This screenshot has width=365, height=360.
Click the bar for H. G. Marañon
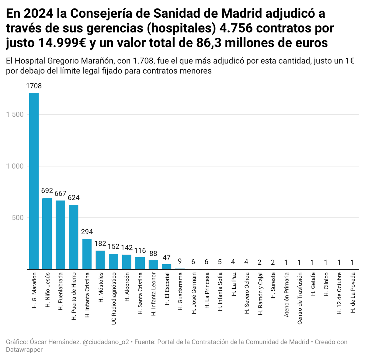(34, 181)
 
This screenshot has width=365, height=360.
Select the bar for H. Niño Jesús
(47, 233)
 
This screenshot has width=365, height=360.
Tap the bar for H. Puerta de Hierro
(74, 237)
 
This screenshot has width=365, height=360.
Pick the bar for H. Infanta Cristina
(87, 254)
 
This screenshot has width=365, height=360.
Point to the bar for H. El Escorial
(166, 266)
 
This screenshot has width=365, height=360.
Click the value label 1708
(34, 86)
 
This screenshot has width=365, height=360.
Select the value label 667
(60, 194)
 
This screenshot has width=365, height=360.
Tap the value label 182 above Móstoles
(100, 244)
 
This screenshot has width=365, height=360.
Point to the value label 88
(153, 253)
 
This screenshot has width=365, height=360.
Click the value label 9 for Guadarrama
(180, 261)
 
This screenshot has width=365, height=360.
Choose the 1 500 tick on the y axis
(15, 115)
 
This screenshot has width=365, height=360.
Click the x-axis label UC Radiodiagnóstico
(114, 298)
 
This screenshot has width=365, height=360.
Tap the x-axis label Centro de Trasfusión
(300, 298)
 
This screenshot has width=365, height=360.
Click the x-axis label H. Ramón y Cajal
(260, 295)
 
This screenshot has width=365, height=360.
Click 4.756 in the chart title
(236, 28)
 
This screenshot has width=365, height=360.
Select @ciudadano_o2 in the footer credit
(106, 342)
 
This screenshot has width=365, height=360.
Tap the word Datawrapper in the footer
(24, 350)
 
